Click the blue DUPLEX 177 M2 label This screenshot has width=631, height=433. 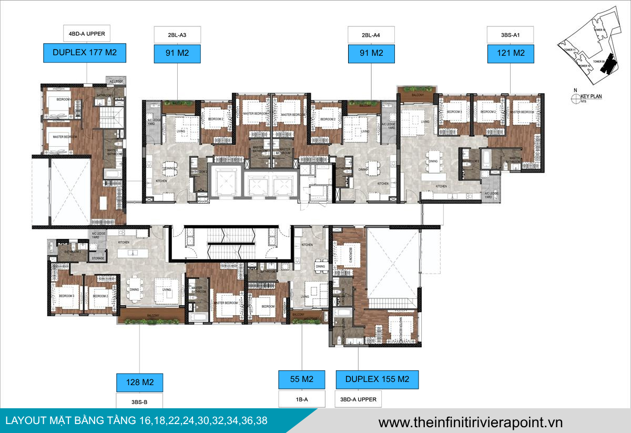[85, 53]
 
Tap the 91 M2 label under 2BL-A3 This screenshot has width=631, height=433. [177, 53]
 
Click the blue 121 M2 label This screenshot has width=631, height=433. [511, 53]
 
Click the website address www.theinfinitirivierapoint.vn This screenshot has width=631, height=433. [470, 422]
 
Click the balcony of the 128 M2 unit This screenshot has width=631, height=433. [151, 315]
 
